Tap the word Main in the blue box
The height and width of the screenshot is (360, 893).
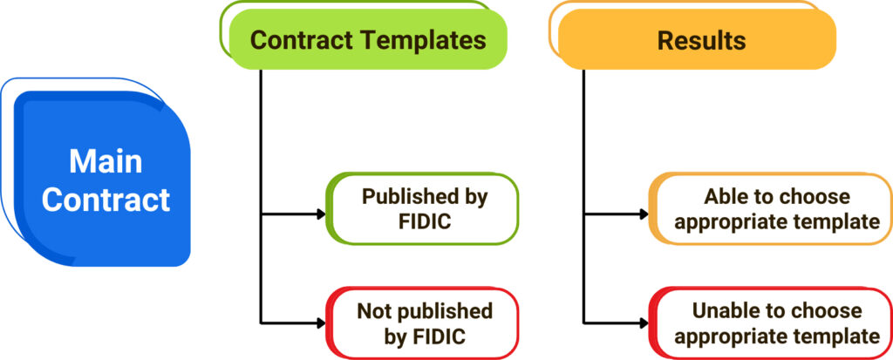106,161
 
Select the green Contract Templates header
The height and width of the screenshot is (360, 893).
367,40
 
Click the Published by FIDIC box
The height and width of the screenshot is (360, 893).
424,209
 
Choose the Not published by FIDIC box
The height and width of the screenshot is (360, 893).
424,323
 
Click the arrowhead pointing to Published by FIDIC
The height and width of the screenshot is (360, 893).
318,212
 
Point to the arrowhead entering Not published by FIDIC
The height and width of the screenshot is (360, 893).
318,323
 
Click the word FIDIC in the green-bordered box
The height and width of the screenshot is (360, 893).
424,221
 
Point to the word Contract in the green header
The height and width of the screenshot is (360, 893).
302,40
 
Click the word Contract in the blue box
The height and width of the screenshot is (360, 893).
106,200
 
